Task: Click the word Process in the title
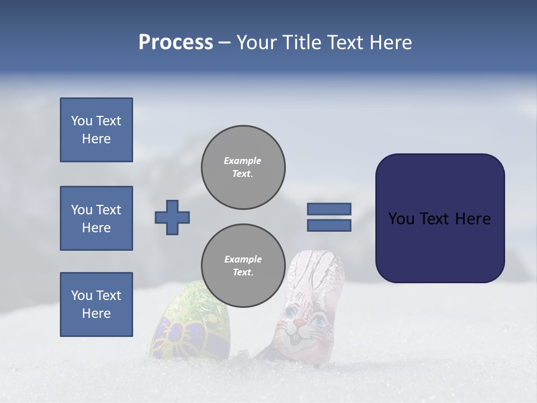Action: [x=176, y=43]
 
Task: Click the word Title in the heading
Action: [x=303, y=43]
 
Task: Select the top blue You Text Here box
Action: [x=96, y=130]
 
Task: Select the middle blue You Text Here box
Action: [x=96, y=218]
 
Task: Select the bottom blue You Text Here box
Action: [x=96, y=304]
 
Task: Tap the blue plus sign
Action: [x=172, y=217]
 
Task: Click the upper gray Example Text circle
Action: [x=243, y=167]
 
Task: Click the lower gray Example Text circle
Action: [x=243, y=266]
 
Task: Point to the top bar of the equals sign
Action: [x=329, y=209]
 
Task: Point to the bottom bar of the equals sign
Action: [x=329, y=226]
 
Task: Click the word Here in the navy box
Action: [x=473, y=219]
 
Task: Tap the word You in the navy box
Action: [x=401, y=219]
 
